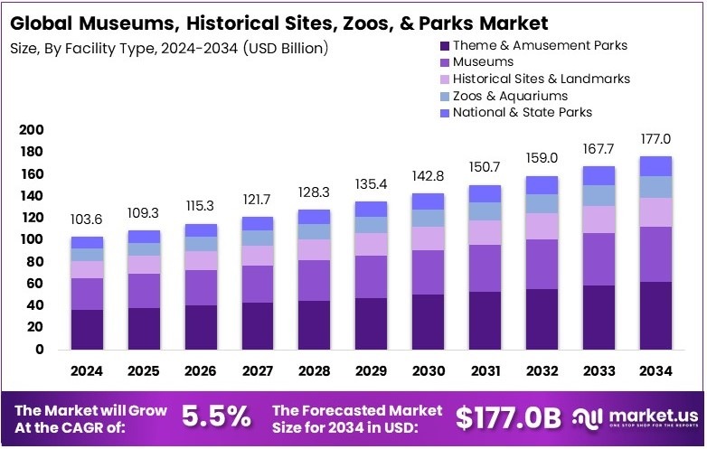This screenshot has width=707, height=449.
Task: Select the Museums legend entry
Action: pyautogui.click(x=483, y=61)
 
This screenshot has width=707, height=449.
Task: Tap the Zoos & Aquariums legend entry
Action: pyautogui.click(x=510, y=95)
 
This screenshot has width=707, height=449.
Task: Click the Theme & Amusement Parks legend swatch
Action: pyautogui.click(x=444, y=45)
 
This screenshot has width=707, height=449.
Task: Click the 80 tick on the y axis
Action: pyautogui.click(x=34, y=261)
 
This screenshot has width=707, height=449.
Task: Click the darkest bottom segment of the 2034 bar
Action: pyautogui.click(x=655, y=315)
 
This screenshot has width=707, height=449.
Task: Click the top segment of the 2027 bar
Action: pyautogui.click(x=258, y=223)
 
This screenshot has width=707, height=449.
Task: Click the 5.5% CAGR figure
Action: pyautogui.click(x=217, y=416)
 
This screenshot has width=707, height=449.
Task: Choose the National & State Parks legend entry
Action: pyautogui.click(x=522, y=112)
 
